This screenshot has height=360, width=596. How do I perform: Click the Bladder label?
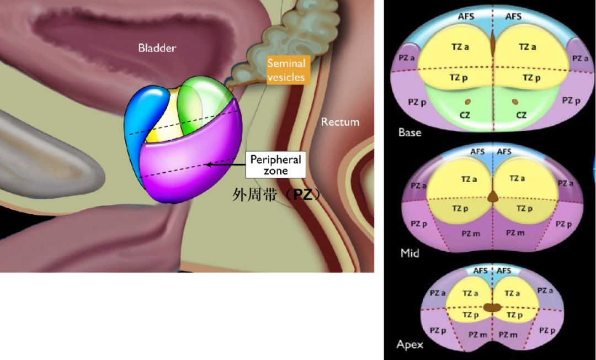pos(157,48)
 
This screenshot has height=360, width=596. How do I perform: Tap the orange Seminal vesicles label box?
pos(286,70)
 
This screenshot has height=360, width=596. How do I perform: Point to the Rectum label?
pos(340,121)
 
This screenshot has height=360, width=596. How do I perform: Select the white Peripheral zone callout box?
pos(275,165)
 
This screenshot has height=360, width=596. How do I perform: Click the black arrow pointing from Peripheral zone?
pos(225,165)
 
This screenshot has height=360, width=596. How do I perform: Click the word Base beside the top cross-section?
pos(409,133)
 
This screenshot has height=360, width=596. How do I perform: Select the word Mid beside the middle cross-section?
pos(409,253)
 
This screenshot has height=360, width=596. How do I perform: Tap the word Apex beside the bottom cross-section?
pos(409,345)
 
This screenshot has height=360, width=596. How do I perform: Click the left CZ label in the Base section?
pos(465,115)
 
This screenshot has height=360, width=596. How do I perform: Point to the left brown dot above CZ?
pos(468,102)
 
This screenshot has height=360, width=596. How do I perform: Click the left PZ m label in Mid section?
pos(471,234)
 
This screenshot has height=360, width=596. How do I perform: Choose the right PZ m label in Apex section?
pos(508,335)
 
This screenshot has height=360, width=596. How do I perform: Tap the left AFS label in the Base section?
pos(466,17)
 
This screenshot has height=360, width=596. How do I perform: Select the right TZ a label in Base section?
pos(527,47)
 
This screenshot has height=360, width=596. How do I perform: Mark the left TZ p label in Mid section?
pos(460,208)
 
